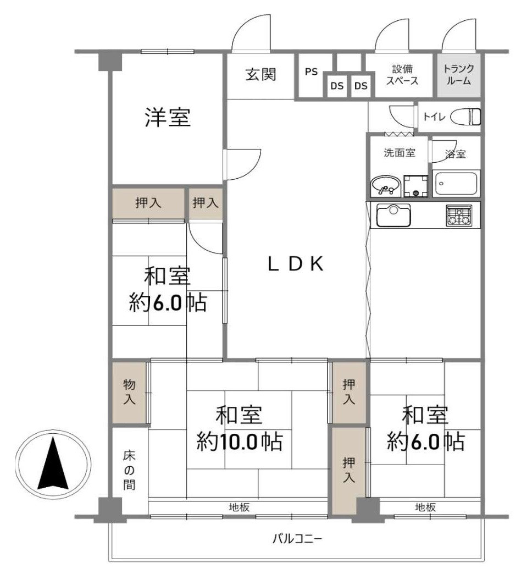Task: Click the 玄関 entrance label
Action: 260,75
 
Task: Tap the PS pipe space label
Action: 311,72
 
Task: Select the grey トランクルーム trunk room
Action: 458,75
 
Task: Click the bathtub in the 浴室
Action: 456,183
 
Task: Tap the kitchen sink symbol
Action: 393,214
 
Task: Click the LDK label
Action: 295,264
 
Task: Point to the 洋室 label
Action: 168,118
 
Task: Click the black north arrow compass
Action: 53,464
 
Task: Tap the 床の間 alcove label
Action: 129,471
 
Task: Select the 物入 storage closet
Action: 129,392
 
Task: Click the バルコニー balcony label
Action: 297,538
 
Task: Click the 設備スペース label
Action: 402,75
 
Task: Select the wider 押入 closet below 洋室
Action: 148,203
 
